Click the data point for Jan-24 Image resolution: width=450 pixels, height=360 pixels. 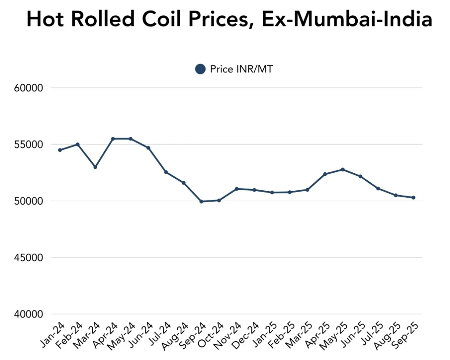click(x=60, y=150)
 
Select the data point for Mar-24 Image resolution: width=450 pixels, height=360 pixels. click(x=95, y=167)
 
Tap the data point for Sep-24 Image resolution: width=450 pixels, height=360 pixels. click(x=201, y=201)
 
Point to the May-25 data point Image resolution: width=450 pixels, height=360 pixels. click(x=343, y=169)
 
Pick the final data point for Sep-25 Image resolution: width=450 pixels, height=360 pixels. click(x=414, y=197)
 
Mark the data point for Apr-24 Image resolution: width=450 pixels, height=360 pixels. click(x=113, y=138)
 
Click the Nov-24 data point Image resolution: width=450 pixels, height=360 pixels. click(x=237, y=189)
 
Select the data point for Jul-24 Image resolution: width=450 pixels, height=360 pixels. click(x=166, y=172)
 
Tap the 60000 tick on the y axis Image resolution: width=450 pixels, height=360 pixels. click(x=28, y=88)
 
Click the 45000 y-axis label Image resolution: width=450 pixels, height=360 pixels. click(x=28, y=258)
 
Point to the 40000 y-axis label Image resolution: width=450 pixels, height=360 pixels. click(x=28, y=314)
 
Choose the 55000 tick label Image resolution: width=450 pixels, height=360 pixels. click(x=28, y=145)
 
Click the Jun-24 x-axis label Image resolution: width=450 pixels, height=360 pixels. click(x=141, y=334)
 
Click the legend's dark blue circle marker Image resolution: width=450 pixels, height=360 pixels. click(x=200, y=69)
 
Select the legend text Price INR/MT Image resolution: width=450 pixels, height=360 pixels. click(x=241, y=69)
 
